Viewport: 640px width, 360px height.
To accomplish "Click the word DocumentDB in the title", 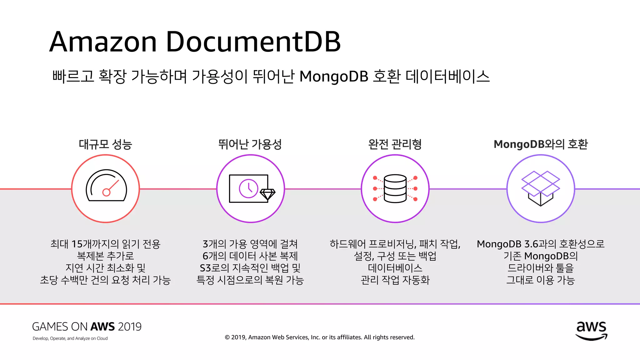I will [253, 42].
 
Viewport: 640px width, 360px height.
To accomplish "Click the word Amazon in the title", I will [103, 42].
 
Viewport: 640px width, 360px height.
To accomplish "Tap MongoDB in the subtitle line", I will [334, 77].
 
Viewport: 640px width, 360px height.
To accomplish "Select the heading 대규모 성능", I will [106, 144].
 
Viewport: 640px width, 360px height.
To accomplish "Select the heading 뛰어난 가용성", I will [250, 144].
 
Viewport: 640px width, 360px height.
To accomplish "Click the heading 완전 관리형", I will [395, 144].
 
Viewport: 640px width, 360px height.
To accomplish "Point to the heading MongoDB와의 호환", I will [541, 144].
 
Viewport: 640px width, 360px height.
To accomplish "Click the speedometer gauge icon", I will [106, 186].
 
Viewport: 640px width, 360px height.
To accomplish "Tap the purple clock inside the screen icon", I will [248, 188].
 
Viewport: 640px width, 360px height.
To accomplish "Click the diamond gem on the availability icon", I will [268, 194].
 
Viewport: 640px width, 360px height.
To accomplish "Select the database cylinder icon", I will [395, 188].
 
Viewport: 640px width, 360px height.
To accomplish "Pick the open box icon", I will [541, 188].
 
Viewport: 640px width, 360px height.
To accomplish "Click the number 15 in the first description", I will [77, 244].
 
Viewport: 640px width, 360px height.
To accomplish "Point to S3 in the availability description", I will [206, 268].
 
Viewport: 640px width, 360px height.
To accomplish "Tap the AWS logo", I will [591, 331].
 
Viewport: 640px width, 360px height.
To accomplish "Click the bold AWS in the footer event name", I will [103, 327].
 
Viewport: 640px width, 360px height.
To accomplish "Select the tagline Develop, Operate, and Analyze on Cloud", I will [70, 338].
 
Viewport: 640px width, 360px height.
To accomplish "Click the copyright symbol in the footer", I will [227, 337].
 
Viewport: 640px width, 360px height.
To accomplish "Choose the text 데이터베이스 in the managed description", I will [395, 268].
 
